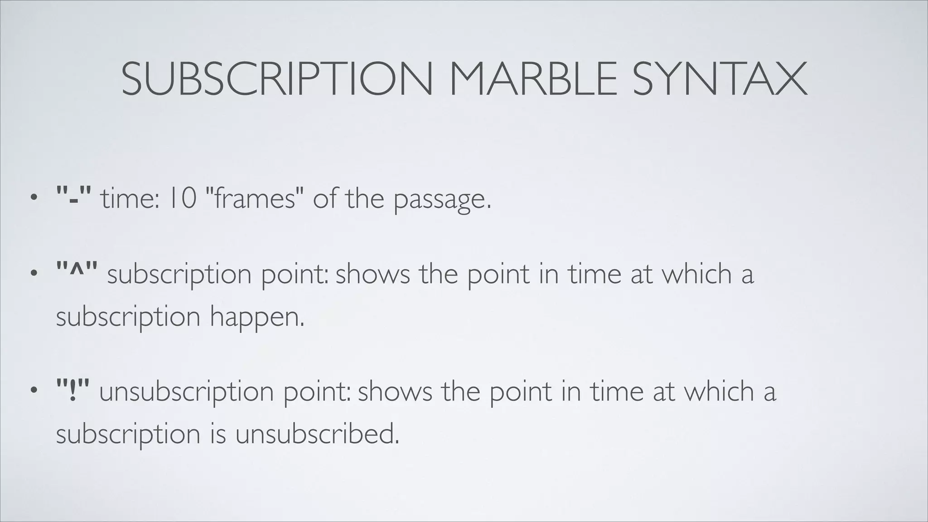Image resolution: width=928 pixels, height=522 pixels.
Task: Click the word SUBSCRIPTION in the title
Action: tap(276, 80)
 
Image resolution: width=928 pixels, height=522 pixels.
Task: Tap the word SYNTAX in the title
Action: tap(720, 80)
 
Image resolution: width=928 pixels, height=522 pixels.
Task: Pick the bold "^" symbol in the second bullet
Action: tap(77, 273)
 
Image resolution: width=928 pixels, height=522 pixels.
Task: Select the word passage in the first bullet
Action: tap(442, 199)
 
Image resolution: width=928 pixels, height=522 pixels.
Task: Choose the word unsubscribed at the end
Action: tap(317, 434)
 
